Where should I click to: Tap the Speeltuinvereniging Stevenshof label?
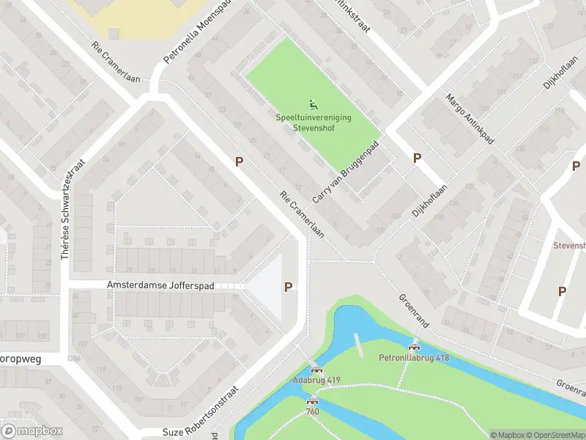[x=314, y=122]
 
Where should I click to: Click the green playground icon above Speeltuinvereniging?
[x=314, y=105]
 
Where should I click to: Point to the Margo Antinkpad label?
[x=470, y=120]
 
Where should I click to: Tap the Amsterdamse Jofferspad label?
[x=160, y=285]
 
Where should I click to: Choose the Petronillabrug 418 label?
[x=414, y=358]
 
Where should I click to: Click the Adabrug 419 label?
[x=316, y=380]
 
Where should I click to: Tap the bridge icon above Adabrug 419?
[x=316, y=370]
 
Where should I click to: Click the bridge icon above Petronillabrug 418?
[x=415, y=348]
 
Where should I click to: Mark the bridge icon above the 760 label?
[x=313, y=400]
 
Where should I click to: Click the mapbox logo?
[x=32, y=430]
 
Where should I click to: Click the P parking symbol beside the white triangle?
[x=289, y=287]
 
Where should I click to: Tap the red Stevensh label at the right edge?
[x=569, y=246]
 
